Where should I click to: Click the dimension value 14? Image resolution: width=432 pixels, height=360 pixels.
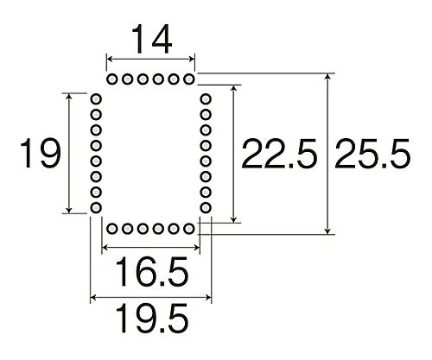pyautogui.click(x=150, y=39)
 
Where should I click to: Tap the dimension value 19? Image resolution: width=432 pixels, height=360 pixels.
pyautogui.click(x=40, y=155)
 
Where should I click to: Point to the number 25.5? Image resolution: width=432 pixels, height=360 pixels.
pyautogui.click(x=374, y=155)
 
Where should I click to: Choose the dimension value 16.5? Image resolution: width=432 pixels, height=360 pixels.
pyautogui.click(x=150, y=274)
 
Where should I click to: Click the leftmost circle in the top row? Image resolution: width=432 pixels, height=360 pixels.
pyautogui.click(x=111, y=79)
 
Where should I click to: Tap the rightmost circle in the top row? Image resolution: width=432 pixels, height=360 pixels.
pyautogui.click(x=189, y=79)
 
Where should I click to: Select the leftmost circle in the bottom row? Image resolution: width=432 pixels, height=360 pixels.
pyautogui.click(x=111, y=229)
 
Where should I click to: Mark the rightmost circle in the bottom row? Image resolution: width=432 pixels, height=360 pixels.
pyautogui.click(x=189, y=229)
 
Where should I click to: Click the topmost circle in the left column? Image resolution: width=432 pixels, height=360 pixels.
pyautogui.click(x=96, y=100)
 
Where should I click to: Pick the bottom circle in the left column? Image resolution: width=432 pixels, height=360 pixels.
pyautogui.click(x=96, y=208)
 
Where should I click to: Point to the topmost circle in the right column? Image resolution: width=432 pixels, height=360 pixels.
pyautogui.click(x=205, y=100)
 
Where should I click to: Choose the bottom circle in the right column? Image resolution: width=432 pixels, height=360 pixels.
pyautogui.click(x=205, y=208)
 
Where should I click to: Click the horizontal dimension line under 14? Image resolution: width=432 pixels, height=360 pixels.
pyautogui.click(x=150, y=60)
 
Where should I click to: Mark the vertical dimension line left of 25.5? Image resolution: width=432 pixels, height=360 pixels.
pyautogui.click(x=327, y=155)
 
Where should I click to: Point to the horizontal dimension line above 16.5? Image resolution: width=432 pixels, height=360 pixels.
pyautogui.click(x=150, y=249)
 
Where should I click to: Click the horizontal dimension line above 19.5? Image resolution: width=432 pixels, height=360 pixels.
pyautogui.click(x=150, y=299)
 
